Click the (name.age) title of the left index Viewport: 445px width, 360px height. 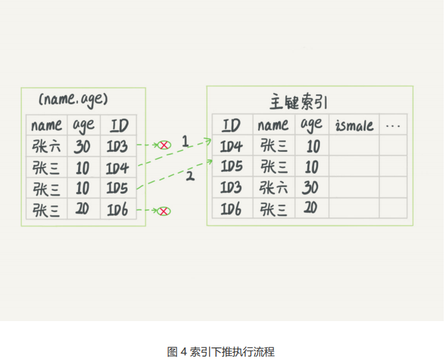point(73,100)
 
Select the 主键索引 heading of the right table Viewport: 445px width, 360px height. point(298,102)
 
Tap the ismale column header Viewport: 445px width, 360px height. point(354,125)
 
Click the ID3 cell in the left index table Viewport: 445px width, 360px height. point(117,145)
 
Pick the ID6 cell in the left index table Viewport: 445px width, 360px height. point(117,209)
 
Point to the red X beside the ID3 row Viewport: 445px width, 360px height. point(163,145)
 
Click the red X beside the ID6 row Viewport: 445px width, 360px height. point(163,211)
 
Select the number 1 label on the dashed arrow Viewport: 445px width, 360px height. point(185,141)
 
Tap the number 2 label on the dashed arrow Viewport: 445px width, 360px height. point(189,176)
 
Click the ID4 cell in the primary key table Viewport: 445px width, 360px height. point(231,146)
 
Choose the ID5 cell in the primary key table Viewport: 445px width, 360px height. point(231,166)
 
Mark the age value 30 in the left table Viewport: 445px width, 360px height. point(82,145)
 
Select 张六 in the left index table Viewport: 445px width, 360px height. point(46,145)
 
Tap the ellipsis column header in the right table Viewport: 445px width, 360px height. point(393,124)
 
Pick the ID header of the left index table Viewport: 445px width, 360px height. point(118,125)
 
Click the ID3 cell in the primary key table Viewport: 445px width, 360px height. point(231,188)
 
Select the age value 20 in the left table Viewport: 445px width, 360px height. point(82,209)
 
